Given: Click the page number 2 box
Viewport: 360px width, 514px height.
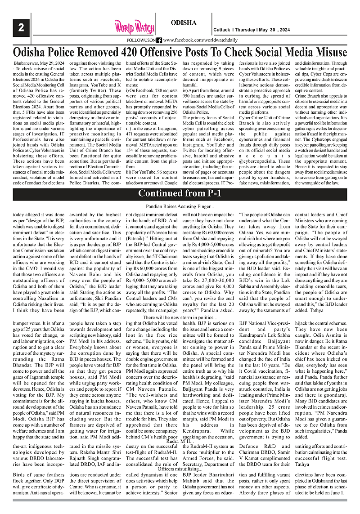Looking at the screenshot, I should pos(21,27).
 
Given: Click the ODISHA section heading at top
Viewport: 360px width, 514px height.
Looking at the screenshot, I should pos(184,23).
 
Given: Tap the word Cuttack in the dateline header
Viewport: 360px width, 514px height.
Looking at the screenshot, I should pos(221,30).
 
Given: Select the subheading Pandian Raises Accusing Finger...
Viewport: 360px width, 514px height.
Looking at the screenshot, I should pos(180,206).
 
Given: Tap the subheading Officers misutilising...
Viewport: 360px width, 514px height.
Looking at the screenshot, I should pos(180,469).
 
